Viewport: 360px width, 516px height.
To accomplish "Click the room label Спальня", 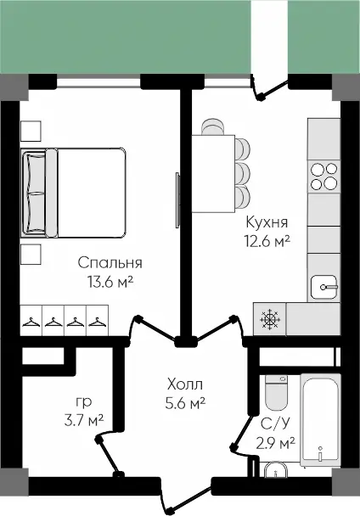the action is [x=110, y=263].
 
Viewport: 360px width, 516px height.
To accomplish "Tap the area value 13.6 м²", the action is [x=110, y=282].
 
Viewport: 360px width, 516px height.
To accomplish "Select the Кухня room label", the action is [x=267, y=222].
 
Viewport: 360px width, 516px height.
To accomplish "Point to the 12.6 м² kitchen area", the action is [x=267, y=241].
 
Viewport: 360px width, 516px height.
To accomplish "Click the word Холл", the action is [x=185, y=384].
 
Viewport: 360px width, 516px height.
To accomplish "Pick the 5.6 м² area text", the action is [x=185, y=403].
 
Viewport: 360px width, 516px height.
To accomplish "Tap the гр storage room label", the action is [x=84, y=402].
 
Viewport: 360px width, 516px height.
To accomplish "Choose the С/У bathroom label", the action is [x=276, y=423].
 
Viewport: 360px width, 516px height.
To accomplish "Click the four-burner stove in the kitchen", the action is [x=324, y=177].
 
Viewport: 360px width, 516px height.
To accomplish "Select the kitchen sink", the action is [x=324, y=288].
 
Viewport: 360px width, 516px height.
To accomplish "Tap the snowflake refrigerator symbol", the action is [x=270, y=319].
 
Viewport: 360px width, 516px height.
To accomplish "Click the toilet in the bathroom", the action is [x=277, y=393].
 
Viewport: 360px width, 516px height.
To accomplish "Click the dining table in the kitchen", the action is [x=213, y=173].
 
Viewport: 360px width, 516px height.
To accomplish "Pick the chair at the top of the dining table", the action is [x=213, y=127].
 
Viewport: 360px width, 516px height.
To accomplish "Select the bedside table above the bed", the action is [x=31, y=131].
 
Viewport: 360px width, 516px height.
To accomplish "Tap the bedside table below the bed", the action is [x=31, y=255].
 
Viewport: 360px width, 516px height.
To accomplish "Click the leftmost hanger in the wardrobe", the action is [x=31, y=322].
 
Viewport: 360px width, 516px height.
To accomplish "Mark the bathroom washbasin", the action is [x=276, y=469].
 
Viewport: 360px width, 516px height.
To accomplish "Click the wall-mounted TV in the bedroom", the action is [x=177, y=200].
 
